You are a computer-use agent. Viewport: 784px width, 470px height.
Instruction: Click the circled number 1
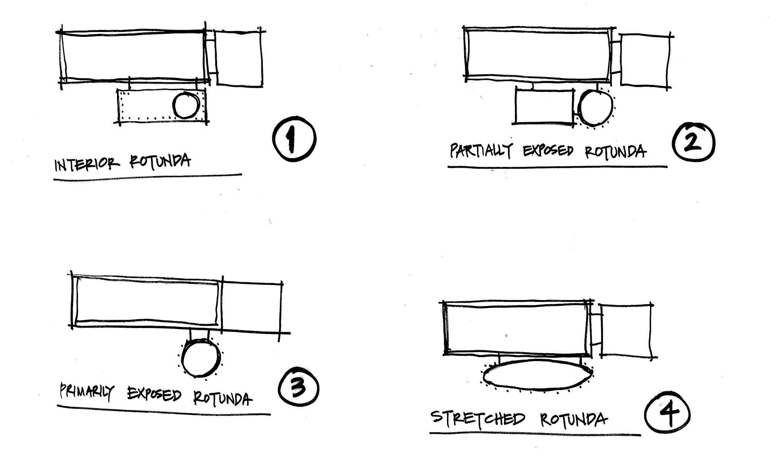click(294, 139)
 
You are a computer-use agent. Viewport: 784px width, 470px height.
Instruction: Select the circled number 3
click(298, 388)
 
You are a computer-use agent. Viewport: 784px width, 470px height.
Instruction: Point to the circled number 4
click(667, 415)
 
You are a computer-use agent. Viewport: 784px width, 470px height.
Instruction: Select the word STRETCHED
click(478, 418)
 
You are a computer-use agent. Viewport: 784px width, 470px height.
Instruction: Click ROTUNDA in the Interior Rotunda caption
click(160, 161)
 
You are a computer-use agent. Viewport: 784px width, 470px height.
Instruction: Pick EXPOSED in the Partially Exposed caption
click(548, 151)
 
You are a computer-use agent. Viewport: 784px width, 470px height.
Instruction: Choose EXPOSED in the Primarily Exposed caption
click(154, 395)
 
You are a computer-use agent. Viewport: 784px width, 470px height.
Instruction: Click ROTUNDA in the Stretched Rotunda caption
click(573, 420)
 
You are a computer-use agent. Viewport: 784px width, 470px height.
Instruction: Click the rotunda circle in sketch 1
click(186, 105)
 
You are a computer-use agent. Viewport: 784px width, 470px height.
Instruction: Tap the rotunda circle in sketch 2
click(595, 108)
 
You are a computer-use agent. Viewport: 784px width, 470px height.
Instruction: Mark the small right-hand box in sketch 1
click(239, 58)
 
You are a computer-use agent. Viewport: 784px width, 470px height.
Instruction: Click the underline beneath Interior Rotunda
click(147, 177)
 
